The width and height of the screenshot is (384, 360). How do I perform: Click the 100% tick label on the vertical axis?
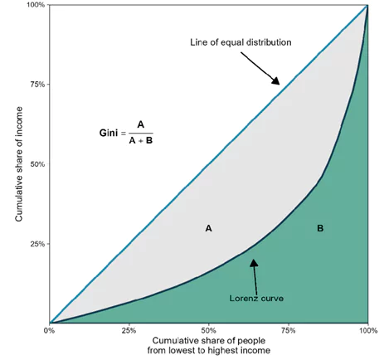coord(33,5)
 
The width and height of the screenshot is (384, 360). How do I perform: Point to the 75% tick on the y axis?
coord(36,85)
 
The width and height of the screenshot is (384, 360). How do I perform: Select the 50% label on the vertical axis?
coord(36,164)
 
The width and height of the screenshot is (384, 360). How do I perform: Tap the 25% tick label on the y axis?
coord(36,244)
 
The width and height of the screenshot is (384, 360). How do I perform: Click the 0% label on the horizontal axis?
coord(50,331)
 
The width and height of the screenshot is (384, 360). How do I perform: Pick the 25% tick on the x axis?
coord(129,331)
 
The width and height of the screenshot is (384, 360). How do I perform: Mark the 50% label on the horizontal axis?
coord(209,331)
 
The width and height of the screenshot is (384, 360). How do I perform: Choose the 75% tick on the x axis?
coord(289,331)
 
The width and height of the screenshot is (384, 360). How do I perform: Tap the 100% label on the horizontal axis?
coord(367,331)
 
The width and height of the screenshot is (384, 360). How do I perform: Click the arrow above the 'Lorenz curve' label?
coord(254,270)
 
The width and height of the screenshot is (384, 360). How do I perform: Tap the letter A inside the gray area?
coord(208,226)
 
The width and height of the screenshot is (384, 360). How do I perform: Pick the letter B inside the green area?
coord(320,226)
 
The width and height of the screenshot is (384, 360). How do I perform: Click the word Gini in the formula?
coord(109,133)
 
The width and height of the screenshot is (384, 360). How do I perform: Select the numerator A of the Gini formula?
coord(141,125)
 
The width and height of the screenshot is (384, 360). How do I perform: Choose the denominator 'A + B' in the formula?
coord(141,140)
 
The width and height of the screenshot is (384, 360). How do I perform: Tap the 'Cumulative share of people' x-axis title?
coord(209,342)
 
